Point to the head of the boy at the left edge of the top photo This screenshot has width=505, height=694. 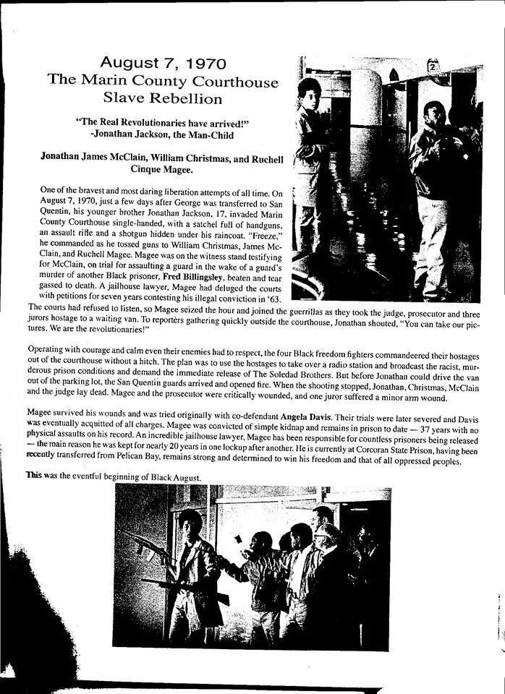click(310, 94)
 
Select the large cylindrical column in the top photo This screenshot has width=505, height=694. click(365, 130)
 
